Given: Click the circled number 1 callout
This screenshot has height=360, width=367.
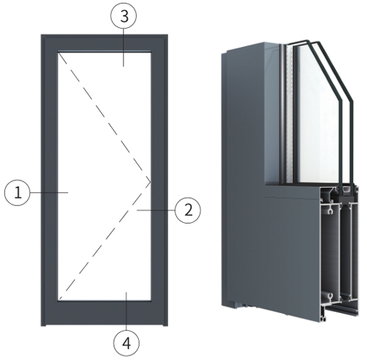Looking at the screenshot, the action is (17, 193).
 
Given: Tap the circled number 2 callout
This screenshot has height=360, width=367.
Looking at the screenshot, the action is (188, 210).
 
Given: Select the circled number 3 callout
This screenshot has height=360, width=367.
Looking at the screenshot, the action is (123, 16).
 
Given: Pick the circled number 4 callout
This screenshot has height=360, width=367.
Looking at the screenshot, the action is (126, 343).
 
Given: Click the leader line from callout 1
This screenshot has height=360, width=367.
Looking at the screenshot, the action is (49, 193).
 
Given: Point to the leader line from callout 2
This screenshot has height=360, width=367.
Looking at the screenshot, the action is (156, 210).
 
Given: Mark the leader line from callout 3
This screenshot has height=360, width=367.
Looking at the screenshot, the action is (123, 48).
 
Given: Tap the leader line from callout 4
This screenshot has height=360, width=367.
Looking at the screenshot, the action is (126, 312).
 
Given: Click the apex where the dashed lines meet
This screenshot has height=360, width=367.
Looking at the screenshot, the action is (150, 182).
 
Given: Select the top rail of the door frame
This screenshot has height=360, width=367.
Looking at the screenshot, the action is (104, 43).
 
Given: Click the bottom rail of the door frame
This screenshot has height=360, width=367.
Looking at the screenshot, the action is (104, 313).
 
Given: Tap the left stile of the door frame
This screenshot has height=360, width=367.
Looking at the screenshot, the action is (49, 180).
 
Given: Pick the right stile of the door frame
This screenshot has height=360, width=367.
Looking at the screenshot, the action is (159, 180).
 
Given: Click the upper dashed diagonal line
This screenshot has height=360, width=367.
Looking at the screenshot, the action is (104, 117).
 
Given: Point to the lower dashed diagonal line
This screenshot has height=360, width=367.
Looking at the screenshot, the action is (104, 240).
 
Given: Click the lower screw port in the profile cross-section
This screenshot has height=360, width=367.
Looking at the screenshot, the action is (331, 296).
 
